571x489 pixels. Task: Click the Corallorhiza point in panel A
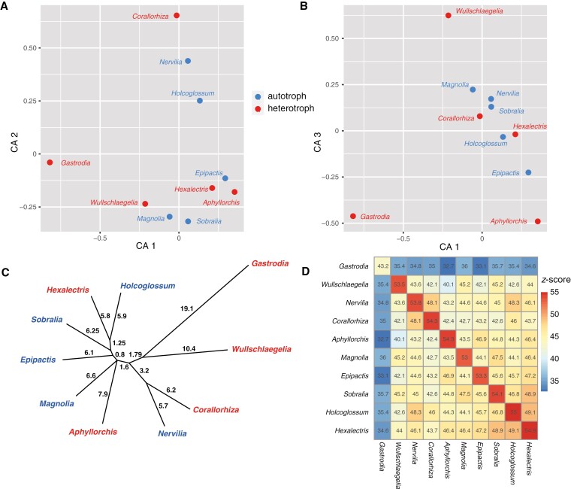[177, 16]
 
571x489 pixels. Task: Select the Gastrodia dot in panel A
[50, 162]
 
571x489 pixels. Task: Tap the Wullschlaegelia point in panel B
[448, 16]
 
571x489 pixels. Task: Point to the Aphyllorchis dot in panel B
[538, 222]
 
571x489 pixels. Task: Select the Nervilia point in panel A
[188, 61]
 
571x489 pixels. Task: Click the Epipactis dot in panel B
[528, 173]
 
